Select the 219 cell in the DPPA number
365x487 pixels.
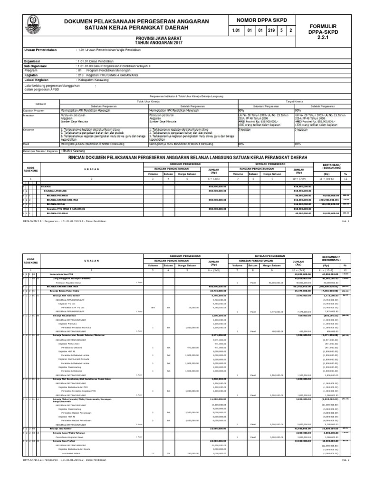click(x=272, y=31)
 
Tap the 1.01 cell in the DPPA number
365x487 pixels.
click(x=235, y=31)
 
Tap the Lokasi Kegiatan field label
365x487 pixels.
click(x=39, y=80)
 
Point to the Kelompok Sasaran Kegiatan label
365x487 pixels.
click(x=40, y=151)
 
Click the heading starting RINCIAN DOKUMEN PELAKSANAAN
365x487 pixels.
click(x=188, y=157)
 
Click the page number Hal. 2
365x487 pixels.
click(x=345, y=474)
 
